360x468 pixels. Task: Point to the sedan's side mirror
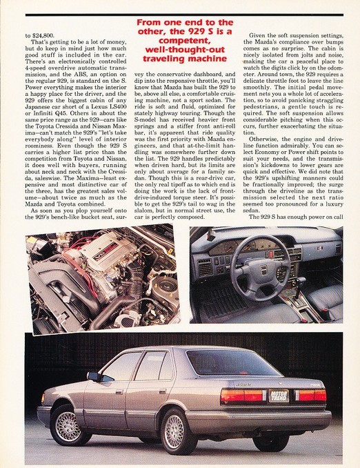click(93, 376)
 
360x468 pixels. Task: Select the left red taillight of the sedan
click(243, 396)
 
